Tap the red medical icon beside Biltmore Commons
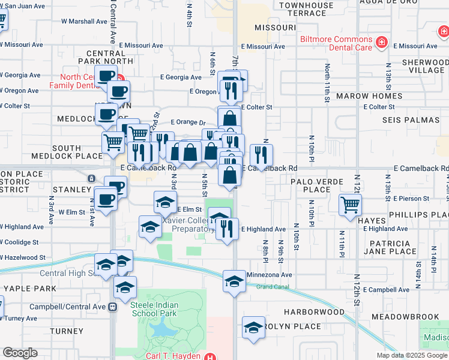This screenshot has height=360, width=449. (381, 42)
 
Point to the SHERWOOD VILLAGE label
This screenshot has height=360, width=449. (423, 66)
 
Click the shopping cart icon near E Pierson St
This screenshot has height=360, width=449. (350, 205)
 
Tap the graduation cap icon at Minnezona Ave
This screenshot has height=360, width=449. (234, 281)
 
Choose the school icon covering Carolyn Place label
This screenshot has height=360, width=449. (253, 328)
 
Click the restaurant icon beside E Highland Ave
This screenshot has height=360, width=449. (226, 229)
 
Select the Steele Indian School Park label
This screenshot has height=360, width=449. (154, 309)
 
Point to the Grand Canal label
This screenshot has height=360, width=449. (273, 287)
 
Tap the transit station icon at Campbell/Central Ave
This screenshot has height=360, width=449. (112, 307)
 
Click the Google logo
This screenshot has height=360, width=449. (20, 353)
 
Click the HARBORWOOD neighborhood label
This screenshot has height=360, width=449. (314, 312)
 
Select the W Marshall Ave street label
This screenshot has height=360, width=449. (84, 21)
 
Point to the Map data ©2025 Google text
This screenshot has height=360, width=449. (411, 355)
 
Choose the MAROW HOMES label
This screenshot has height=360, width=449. (369, 96)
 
